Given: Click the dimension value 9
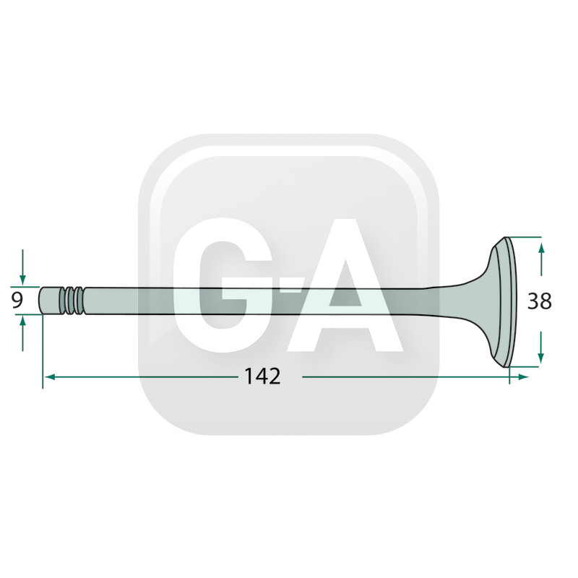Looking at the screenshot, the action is pyautogui.click(x=17, y=301).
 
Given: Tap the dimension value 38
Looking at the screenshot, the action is pyautogui.click(x=539, y=301).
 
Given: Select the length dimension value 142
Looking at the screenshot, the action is pyautogui.click(x=262, y=376).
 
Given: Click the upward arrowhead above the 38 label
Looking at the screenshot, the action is pyautogui.click(x=540, y=249).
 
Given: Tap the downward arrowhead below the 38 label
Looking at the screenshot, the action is pyautogui.click(x=540, y=357).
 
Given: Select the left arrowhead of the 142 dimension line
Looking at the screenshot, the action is pyautogui.click(x=50, y=376).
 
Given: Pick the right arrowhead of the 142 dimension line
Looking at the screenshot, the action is pyautogui.click(x=522, y=376).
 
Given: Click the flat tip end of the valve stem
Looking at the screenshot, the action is pyautogui.click(x=40, y=301).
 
